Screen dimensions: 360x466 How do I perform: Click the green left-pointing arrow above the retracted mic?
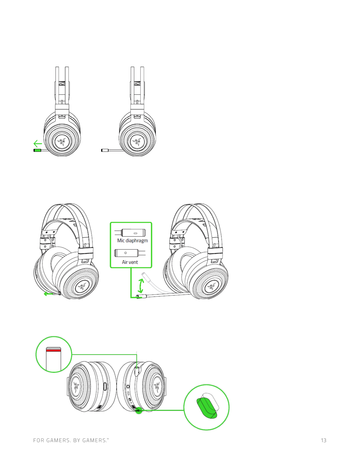click(x=38, y=144)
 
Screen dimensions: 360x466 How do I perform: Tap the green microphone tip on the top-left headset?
click(x=37, y=150)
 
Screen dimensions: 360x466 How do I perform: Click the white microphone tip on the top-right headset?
click(x=105, y=150)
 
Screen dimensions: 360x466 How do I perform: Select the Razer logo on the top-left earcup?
click(x=62, y=142)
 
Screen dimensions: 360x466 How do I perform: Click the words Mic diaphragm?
click(x=133, y=241)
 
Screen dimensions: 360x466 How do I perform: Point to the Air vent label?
click(x=130, y=262)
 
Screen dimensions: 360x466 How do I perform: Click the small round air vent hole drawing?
click(x=125, y=253)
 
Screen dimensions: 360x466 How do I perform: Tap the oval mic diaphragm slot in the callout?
click(x=135, y=233)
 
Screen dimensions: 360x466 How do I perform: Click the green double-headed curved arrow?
click(x=141, y=286)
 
